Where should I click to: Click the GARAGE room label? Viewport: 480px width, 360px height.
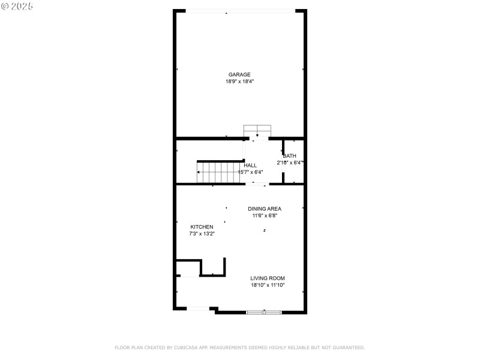[239, 75]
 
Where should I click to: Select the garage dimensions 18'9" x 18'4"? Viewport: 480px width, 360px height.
[239, 82]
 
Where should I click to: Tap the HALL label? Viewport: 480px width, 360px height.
[250, 165]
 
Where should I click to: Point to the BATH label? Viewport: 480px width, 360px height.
[290, 156]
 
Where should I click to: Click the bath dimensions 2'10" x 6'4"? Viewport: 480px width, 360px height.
[290, 163]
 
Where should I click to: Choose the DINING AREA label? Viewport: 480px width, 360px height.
[265, 209]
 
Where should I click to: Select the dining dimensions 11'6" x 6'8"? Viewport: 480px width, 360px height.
[265, 215]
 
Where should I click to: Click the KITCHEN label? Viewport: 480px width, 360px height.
[202, 227]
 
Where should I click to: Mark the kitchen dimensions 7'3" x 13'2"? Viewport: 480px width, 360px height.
[202, 233]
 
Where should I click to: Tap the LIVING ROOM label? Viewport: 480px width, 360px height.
[268, 278]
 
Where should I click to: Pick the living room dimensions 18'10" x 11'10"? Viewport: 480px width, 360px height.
[268, 285]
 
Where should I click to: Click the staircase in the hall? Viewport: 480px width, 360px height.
[219, 172]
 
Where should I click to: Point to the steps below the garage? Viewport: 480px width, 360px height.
[257, 131]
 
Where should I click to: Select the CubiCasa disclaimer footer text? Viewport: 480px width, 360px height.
[239, 347]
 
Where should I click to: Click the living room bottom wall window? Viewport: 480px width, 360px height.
[264, 312]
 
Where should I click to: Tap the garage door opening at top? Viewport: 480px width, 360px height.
[240, 11]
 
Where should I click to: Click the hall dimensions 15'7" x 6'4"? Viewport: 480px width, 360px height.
[250, 172]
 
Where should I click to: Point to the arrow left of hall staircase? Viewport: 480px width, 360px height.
[199, 172]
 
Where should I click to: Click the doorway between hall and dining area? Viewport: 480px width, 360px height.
[258, 184]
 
